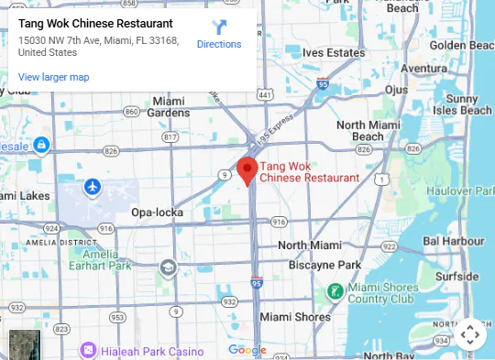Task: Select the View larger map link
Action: pyautogui.click(x=53, y=77)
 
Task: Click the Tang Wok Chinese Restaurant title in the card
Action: pyautogui.click(x=95, y=23)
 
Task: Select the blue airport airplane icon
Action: pyautogui.click(x=92, y=187)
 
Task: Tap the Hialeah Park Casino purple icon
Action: pyautogui.click(x=88, y=350)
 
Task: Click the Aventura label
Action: pyautogui.click(x=423, y=68)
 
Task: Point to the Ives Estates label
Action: pyautogui.click(x=334, y=53)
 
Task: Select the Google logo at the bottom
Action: pyautogui.click(x=247, y=349)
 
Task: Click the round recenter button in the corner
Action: pyautogui.click(x=470, y=335)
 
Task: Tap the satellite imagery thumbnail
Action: pyautogui.click(x=25, y=344)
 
